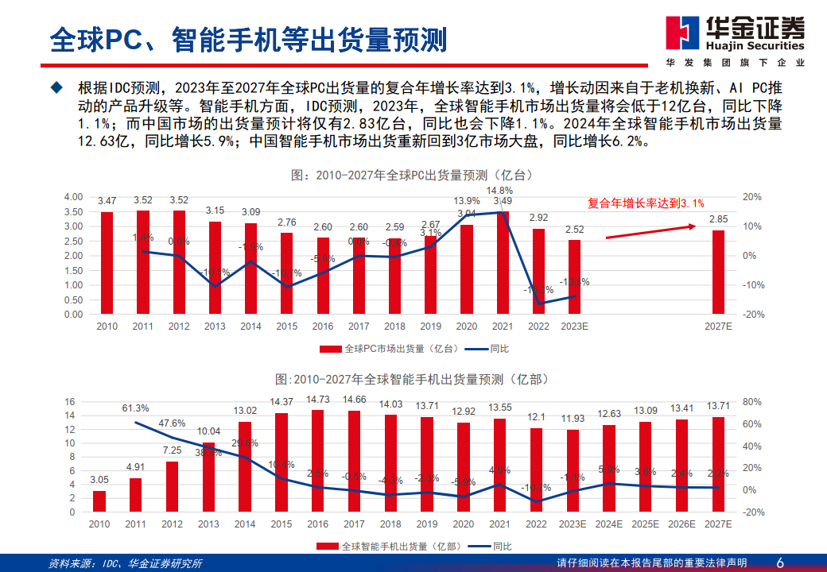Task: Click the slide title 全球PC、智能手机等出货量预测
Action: tap(247, 39)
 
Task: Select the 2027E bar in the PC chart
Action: tap(718, 272)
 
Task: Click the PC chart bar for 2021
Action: tap(503, 262)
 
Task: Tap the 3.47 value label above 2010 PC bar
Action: tap(107, 201)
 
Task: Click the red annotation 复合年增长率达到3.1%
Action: tap(646, 203)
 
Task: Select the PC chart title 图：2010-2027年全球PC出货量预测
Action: tap(411, 174)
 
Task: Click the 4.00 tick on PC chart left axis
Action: tap(73, 197)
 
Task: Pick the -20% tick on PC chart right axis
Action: tap(752, 315)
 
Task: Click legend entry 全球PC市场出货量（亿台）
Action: tap(387, 348)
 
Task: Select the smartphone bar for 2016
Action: tap(318, 461)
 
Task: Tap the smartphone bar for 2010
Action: tap(99, 501)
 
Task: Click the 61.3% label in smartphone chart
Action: tap(135, 408)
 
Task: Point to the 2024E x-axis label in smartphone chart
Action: tap(609, 524)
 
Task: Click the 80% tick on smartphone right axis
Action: tap(752, 402)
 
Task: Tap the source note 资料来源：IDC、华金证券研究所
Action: tap(126, 563)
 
